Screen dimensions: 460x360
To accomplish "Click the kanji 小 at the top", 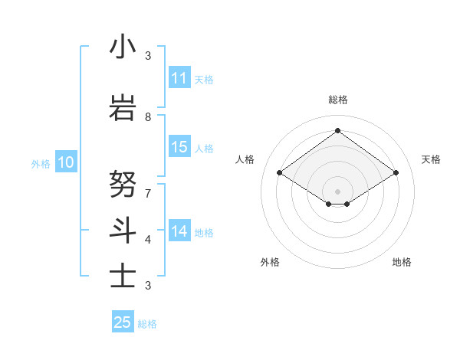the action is coord(123,47).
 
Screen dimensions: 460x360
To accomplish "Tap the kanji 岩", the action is coord(123,107).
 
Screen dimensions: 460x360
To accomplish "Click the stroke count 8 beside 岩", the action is coord(148,117).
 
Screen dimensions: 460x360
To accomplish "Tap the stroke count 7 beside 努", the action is coord(148,193).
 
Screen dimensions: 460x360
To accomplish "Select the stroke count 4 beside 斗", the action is coord(148,239).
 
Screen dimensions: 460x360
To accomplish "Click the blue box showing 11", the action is coord(179,78).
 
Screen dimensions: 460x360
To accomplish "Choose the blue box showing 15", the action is coord(179,147).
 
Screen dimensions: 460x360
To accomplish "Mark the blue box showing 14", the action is coord(179,231).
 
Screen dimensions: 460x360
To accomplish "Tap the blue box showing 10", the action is coord(65,162).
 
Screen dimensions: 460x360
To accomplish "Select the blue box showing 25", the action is coord(123,322).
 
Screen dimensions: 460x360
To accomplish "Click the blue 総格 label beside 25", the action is coord(147,324).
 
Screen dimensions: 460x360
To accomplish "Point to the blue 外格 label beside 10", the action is coord(40,163).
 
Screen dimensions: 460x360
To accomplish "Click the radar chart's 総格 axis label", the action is coord(337,100).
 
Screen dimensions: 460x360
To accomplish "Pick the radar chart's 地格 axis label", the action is coord(402,262).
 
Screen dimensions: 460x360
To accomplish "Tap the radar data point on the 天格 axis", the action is coord(396,173).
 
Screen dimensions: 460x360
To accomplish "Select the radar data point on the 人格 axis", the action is coord(279,173).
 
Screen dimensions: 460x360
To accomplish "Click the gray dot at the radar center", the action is coord(337,191).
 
